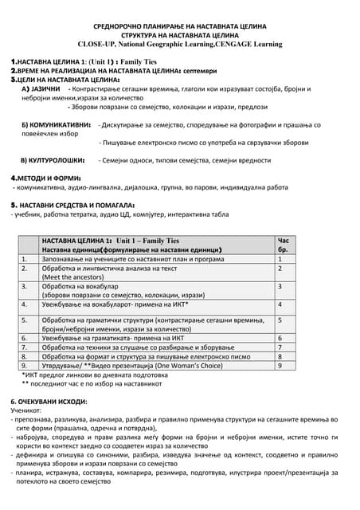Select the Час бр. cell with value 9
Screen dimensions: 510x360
pos(280,366)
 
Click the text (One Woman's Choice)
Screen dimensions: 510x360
pos(182,366)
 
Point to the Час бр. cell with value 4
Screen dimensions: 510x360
pos(280,304)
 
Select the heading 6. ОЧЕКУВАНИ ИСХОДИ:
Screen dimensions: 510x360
pos(49,401)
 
